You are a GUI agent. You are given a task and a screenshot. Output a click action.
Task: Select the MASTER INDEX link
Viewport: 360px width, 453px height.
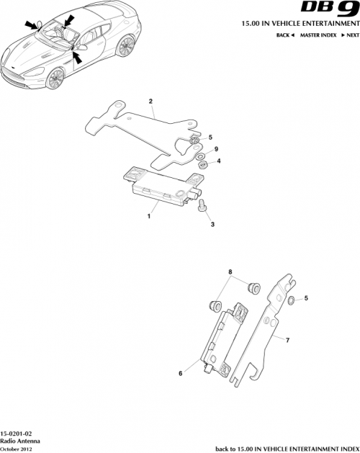click(317, 35)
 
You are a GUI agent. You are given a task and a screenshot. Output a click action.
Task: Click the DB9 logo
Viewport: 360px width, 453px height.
click(332, 11)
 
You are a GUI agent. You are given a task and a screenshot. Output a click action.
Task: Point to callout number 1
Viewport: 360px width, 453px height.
click(149, 215)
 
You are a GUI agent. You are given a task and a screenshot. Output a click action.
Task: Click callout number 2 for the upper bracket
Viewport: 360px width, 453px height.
click(150, 102)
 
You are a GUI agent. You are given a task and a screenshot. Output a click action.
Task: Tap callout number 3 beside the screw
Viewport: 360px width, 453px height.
click(212, 225)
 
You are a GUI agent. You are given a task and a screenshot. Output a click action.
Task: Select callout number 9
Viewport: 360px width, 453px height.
click(215, 149)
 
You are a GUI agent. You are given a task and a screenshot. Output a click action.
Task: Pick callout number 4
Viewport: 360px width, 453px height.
click(219, 162)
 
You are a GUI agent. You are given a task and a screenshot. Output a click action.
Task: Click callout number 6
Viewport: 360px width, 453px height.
click(181, 374)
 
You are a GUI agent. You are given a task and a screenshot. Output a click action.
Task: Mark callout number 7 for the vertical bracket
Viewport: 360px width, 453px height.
click(287, 338)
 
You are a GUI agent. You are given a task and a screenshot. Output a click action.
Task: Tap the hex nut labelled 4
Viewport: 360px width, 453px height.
click(203, 164)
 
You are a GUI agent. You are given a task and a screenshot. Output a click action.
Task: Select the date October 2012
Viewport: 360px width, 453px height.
click(17, 448)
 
